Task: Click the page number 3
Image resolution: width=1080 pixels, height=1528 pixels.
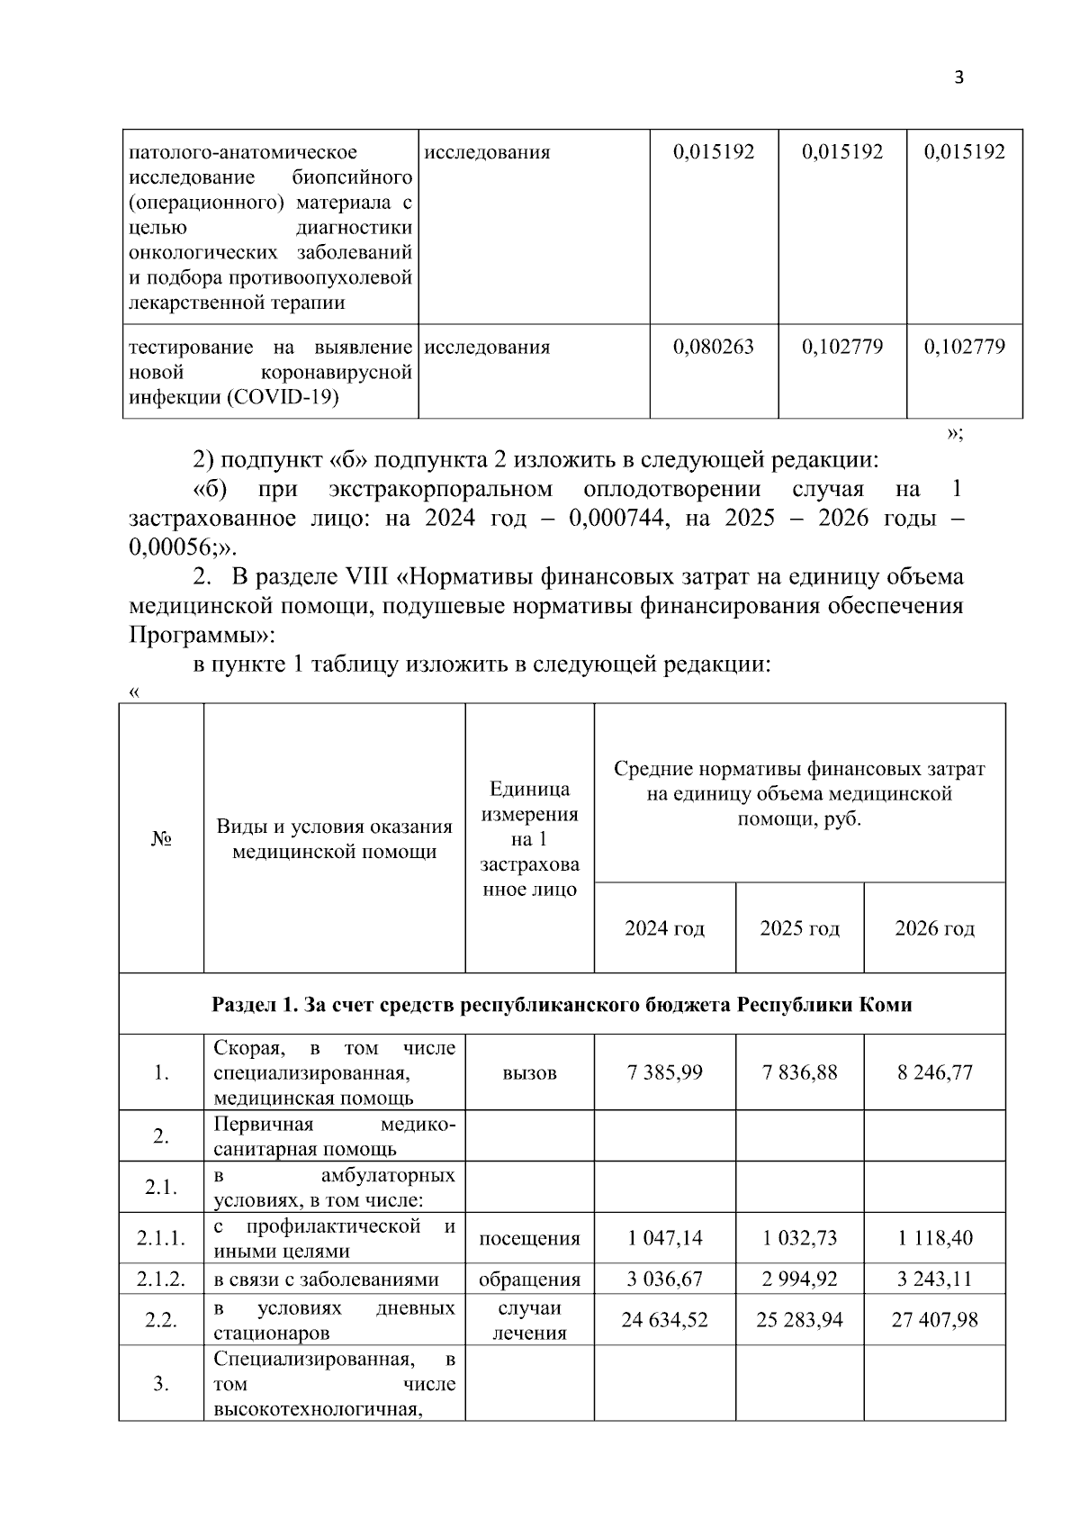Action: [x=958, y=77]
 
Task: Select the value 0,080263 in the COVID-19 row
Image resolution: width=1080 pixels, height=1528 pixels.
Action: [x=714, y=347]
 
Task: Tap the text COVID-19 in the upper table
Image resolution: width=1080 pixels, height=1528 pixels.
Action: [x=297, y=397]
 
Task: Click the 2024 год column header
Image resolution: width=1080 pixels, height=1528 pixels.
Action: [x=664, y=928]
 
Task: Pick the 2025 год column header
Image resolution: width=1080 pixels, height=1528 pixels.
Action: [x=799, y=928]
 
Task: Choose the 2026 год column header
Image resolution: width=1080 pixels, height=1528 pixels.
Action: [x=934, y=928]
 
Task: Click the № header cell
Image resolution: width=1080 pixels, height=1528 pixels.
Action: [x=162, y=839]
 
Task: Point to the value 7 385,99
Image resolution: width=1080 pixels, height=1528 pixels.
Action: [x=664, y=1072]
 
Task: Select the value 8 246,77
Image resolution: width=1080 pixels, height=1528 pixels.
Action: [x=934, y=1072]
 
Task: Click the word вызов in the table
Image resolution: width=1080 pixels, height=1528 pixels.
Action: [x=529, y=1072]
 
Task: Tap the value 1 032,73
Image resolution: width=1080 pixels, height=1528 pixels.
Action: [x=799, y=1238]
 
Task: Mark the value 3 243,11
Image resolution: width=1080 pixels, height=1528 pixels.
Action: [x=934, y=1279]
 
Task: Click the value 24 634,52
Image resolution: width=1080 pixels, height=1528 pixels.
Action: [x=664, y=1320]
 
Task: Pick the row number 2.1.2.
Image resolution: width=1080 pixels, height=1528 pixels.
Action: [x=162, y=1279]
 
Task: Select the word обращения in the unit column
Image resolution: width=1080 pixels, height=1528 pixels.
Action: [x=529, y=1279]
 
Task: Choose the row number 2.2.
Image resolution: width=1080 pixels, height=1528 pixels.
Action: [x=162, y=1320]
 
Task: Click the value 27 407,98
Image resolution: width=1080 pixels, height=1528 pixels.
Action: [x=934, y=1320]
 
